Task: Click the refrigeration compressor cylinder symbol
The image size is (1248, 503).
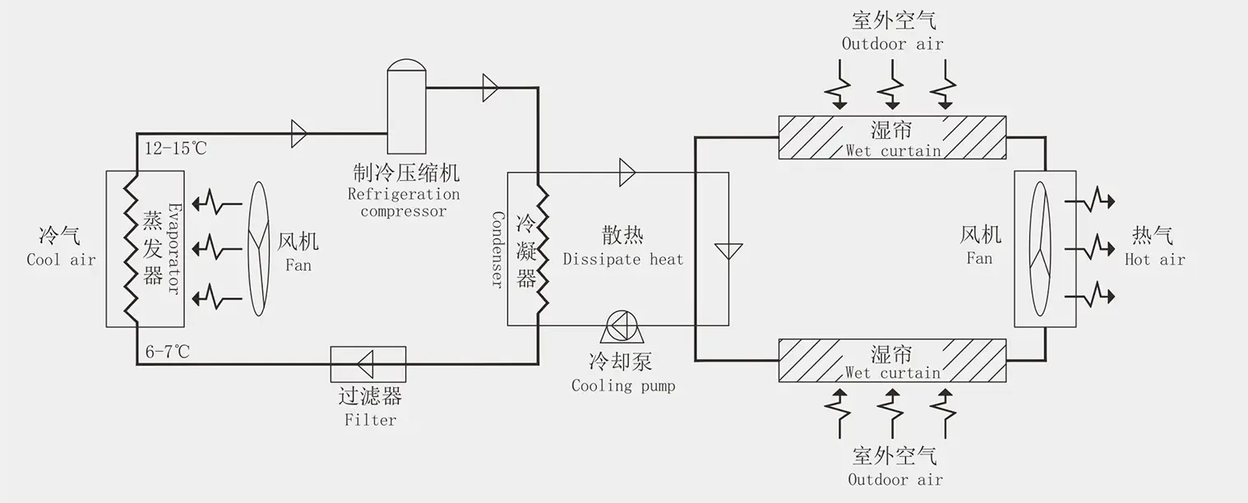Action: point(406,107)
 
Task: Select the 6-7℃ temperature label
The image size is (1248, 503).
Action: point(168,352)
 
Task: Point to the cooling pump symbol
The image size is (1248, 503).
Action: point(624,327)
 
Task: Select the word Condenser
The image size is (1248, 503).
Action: point(497,249)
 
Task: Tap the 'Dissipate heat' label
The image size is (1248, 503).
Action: point(622,260)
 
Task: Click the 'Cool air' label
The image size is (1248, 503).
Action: point(61,260)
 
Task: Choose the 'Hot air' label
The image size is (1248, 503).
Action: point(1154,260)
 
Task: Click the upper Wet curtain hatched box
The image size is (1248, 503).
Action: point(893,136)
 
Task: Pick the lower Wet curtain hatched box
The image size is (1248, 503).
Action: point(893,360)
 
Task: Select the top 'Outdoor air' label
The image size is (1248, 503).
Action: point(892,44)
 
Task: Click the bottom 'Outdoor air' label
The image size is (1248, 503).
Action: point(895,479)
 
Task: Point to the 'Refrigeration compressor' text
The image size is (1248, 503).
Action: point(404,203)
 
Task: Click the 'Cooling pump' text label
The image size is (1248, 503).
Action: point(623,385)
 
